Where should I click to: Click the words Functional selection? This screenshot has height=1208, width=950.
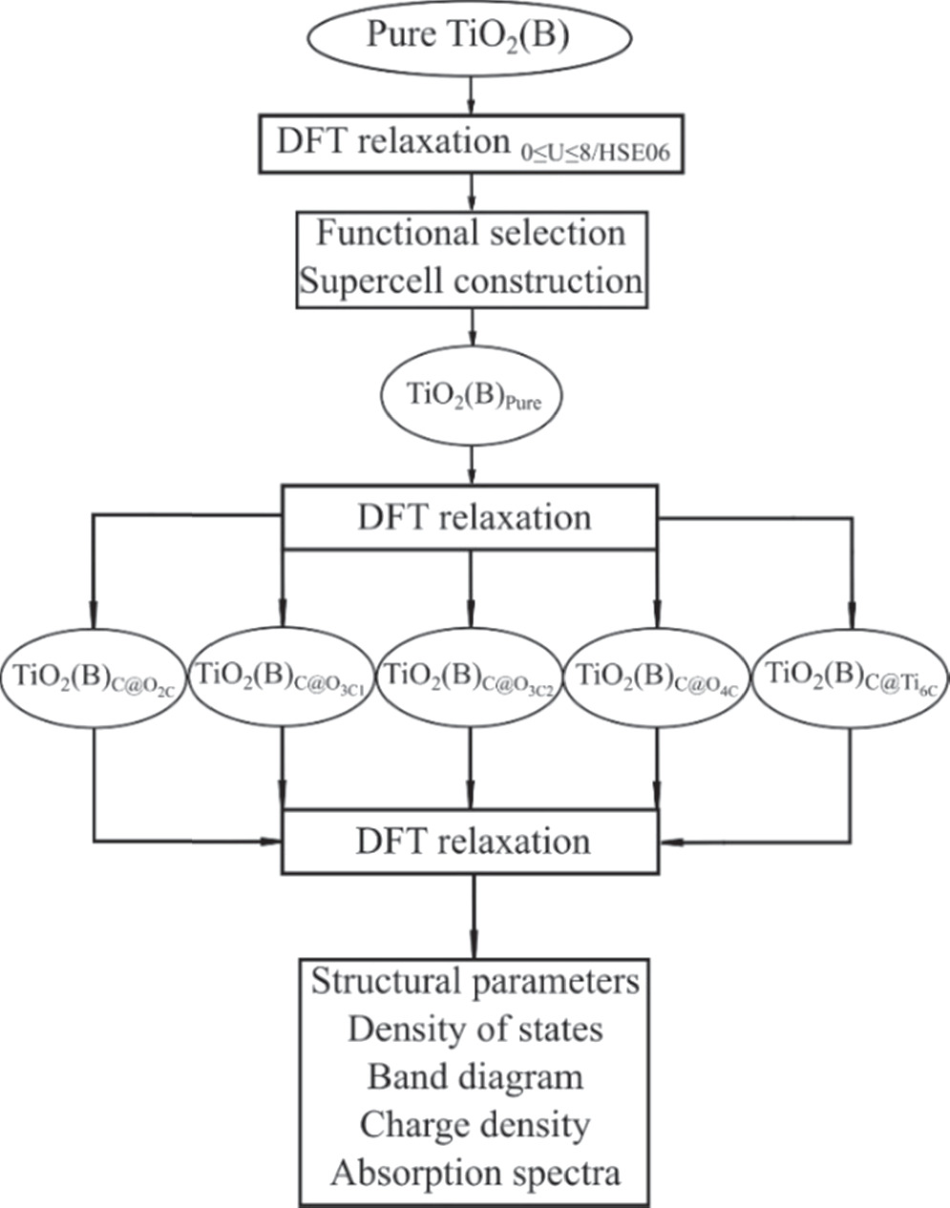pyautogui.click(x=471, y=233)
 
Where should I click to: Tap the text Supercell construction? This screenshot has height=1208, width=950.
pyautogui.click(x=471, y=281)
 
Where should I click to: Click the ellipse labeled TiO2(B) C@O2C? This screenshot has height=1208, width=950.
pyautogui.click(x=94, y=679)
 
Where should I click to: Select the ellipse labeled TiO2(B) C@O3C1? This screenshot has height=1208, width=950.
pyautogui.click(x=283, y=679)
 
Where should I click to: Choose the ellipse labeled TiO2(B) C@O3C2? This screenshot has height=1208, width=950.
pyautogui.click(x=470, y=679)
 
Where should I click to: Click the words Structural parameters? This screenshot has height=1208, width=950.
pyautogui.click(x=474, y=982)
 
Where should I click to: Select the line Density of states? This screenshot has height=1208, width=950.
pyautogui.click(x=474, y=1030)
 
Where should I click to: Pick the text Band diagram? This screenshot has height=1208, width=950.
pyautogui.click(x=474, y=1077)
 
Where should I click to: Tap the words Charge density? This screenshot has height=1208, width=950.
pyautogui.click(x=474, y=1125)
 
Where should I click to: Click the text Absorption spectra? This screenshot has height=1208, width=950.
pyautogui.click(x=474, y=1173)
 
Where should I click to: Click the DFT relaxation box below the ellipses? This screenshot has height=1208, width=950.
pyautogui.click(x=471, y=842)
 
